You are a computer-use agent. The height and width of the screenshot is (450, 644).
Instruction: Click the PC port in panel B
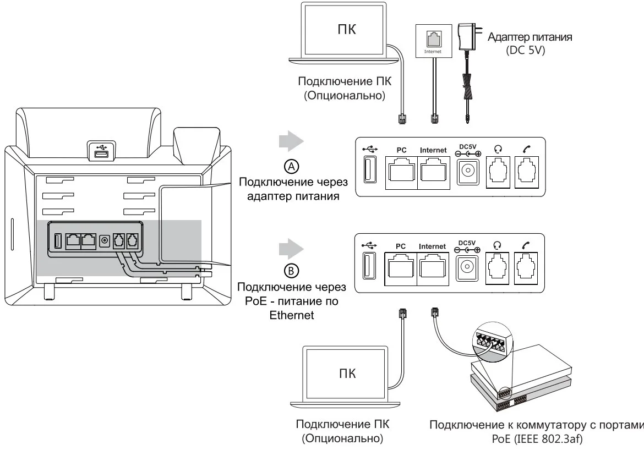click(x=401, y=268)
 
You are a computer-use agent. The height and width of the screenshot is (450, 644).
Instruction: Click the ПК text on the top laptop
click(x=346, y=29)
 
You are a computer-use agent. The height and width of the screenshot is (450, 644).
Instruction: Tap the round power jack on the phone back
click(x=105, y=240)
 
